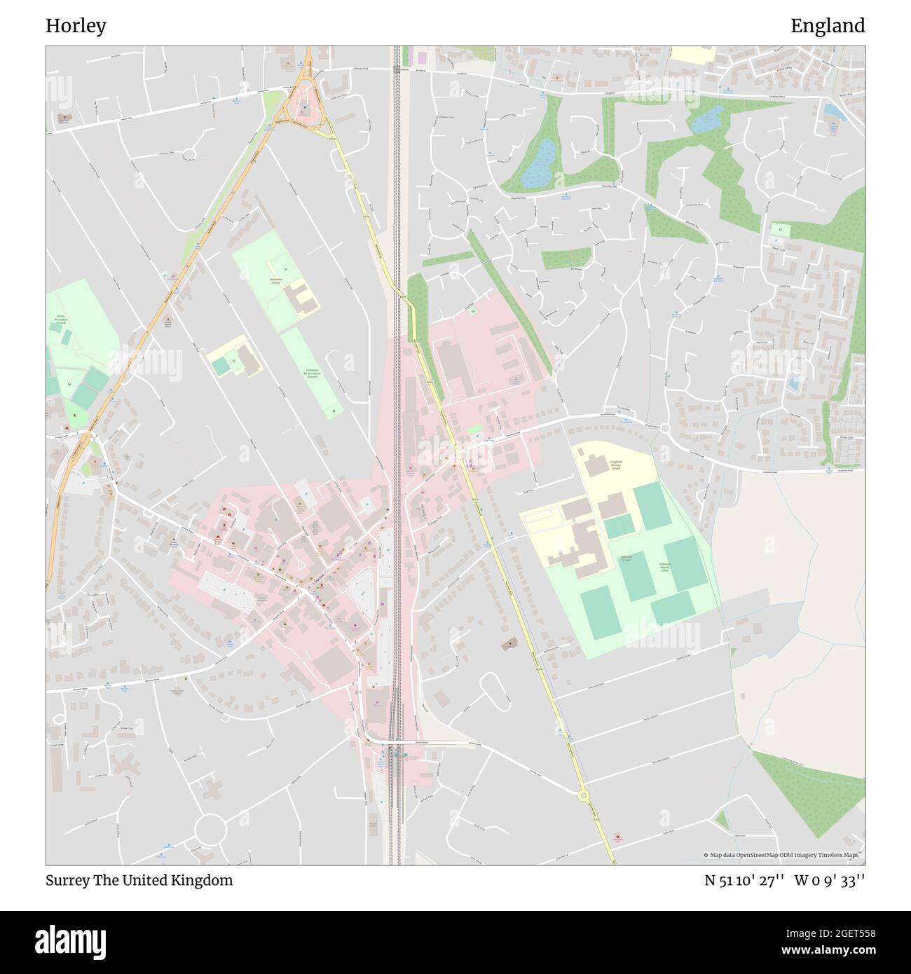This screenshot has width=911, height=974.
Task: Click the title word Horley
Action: click(76, 26)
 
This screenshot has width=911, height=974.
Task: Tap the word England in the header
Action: click(828, 26)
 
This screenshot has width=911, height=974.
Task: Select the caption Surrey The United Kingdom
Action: click(139, 880)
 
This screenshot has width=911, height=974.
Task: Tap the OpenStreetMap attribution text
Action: click(783, 855)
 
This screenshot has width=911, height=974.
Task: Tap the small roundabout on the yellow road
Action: click(583, 795)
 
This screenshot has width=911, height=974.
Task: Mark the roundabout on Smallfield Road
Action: click(664, 427)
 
